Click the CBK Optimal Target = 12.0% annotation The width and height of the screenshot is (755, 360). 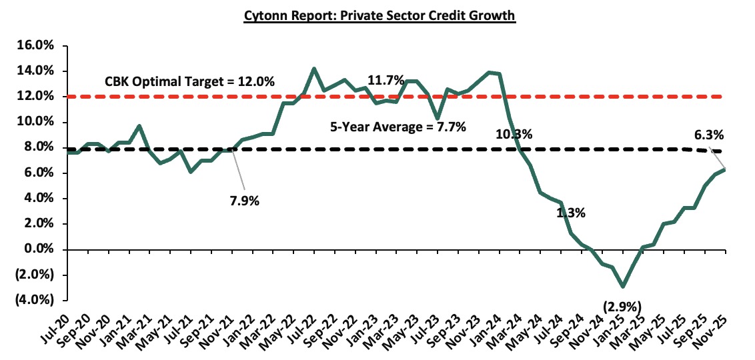[x=189, y=82]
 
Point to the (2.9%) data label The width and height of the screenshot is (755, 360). [x=622, y=307]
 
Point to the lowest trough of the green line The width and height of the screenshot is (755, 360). [x=623, y=287]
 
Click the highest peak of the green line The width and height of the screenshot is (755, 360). [x=314, y=68]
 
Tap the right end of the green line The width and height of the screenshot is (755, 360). [x=725, y=169]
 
